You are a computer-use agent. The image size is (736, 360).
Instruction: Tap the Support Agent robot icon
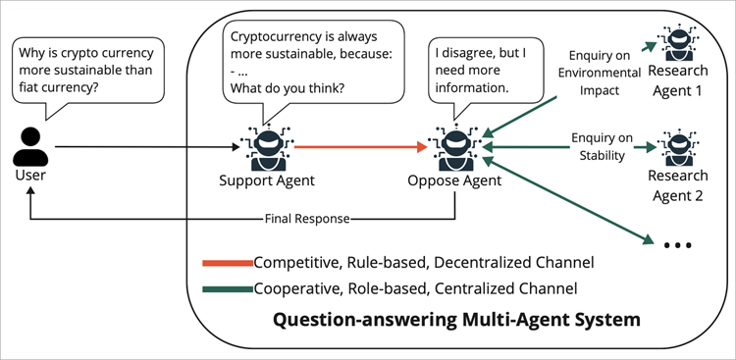coord(266,148)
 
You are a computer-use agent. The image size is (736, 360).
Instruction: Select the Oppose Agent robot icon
coord(454,148)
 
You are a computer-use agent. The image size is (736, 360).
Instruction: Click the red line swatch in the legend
coord(226,263)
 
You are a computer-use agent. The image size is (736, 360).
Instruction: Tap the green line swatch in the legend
coord(226,288)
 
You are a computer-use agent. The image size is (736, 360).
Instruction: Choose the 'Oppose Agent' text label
coord(454,180)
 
